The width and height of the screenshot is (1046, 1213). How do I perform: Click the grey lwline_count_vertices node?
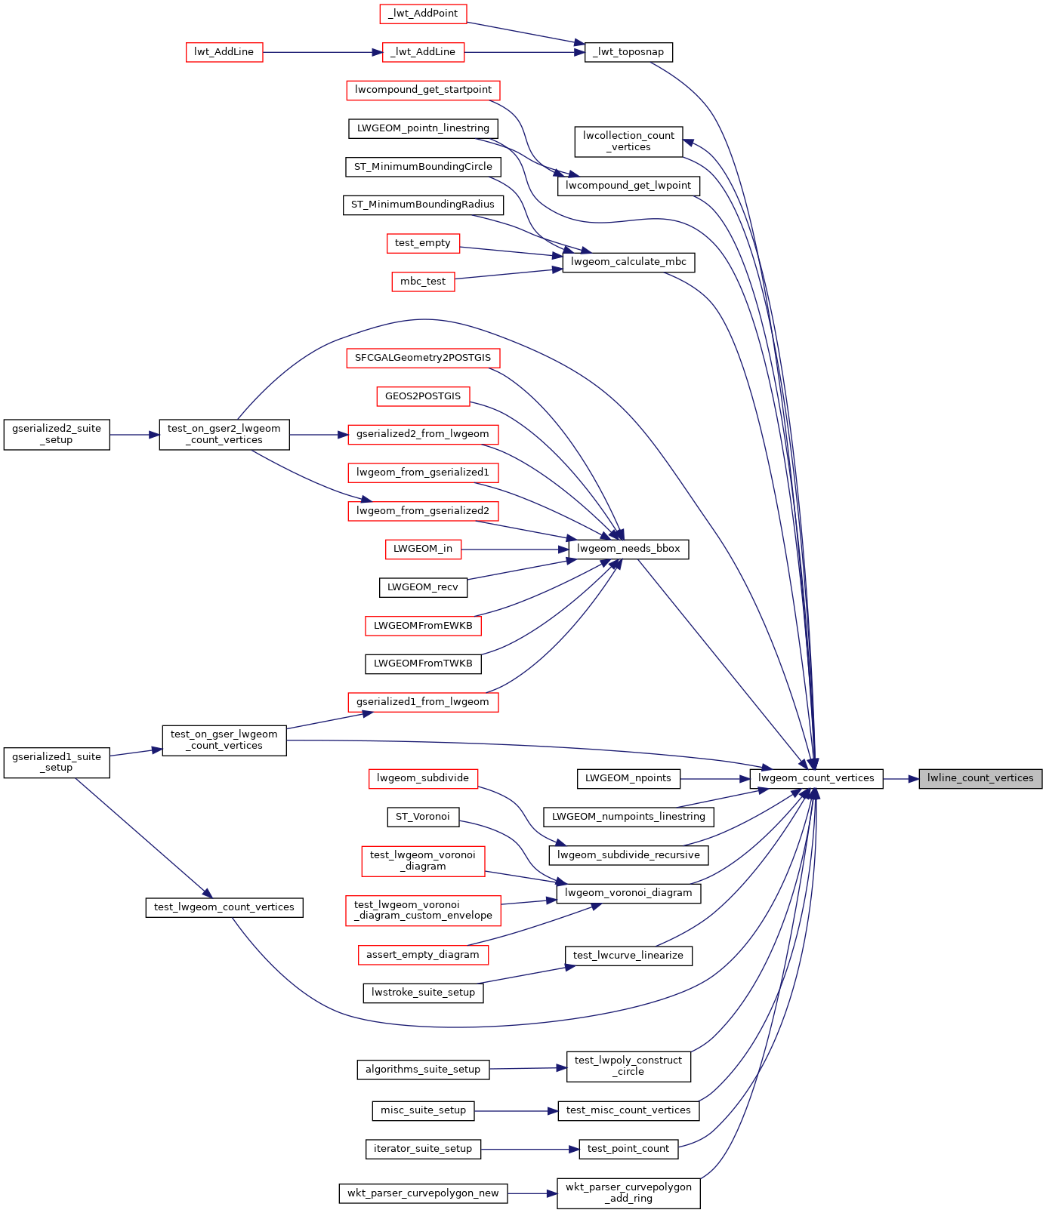[x=980, y=778]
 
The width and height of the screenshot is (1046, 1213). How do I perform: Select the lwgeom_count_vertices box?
[x=816, y=778]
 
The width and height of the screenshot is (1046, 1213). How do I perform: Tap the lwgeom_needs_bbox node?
[x=628, y=549]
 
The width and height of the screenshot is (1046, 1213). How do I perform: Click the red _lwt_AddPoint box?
[x=423, y=14]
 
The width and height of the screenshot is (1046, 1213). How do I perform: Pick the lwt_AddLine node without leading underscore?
[x=224, y=52]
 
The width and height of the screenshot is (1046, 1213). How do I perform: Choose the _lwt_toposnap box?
[x=628, y=52]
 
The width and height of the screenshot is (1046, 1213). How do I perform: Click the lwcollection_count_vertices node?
[x=628, y=141]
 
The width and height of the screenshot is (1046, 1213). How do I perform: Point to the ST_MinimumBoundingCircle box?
[x=423, y=167]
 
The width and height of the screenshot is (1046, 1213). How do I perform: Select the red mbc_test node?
[x=423, y=282]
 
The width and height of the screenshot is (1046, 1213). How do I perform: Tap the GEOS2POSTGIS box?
[x=423, y=396]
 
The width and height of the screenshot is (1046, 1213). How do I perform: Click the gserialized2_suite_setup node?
[x=57, y=435]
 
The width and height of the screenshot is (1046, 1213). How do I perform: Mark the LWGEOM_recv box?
[x=423, y=587]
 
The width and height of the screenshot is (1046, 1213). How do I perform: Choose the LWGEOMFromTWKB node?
[x=423, y=663]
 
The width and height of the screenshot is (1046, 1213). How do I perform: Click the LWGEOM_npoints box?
[x=628, y=778]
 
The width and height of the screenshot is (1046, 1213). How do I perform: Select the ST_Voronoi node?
[x=423, y=817]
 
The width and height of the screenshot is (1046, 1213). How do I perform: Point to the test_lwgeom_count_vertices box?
[x=224, y=907]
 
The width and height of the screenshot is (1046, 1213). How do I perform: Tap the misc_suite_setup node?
[x=423, y=1110]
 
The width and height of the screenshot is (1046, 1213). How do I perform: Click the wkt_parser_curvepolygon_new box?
[x=423, y=1193]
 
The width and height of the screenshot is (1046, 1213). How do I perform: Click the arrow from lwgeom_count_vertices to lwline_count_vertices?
[x=901, y=778]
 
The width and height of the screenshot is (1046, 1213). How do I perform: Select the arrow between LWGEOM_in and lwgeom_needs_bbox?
[x=515, y=549]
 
